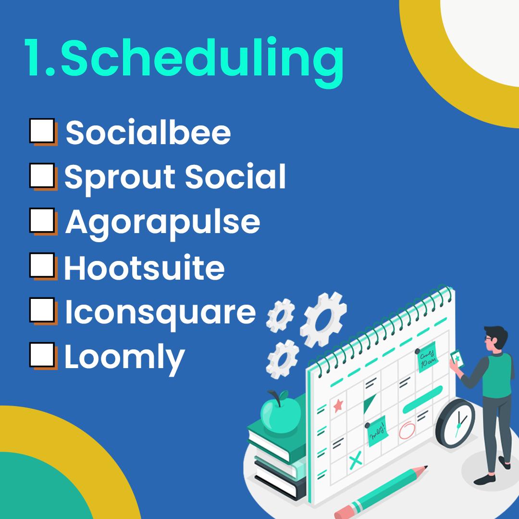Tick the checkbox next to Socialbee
pyautogui.click(x=42, y=131)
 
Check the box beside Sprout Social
pyautogui.click(x=42, y=175)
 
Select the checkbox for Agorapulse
pyautogui.click(x=42, y=220)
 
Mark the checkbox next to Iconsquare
pyautogui.click(x=42, y=310)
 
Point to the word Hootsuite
pyautogui.click(x=144, y=268)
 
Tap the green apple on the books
pyautogui.click(x=281, y=412)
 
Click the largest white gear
pyautogui.click(x=323, y=320)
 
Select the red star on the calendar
pyautogui.click(x=338, y=406)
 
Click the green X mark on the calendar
pyautogui.click(x=356, y=460)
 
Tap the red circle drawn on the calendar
pyautogui.click(x=407, y=430)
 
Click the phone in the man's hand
pyautogui.click(x=457, y=359)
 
